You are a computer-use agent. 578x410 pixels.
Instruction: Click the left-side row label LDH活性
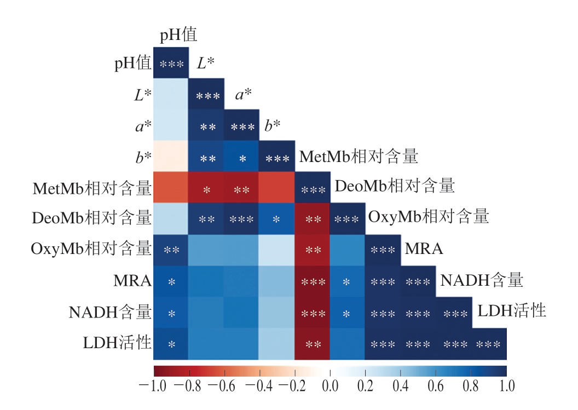pos(117,344)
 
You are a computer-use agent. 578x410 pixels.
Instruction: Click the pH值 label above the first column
pos(178,36)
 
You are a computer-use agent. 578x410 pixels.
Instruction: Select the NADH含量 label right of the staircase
pos(482,281)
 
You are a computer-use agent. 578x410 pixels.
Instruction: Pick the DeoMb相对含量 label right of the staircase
pos(395,186)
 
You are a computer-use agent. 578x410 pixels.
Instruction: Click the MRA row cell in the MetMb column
pos(312,282)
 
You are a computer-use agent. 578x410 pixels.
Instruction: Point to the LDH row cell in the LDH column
pos(489,344)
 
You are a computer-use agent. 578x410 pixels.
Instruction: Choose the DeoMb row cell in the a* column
pos(241,220)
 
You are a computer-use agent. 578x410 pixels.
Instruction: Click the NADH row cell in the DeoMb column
pos(347,313)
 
